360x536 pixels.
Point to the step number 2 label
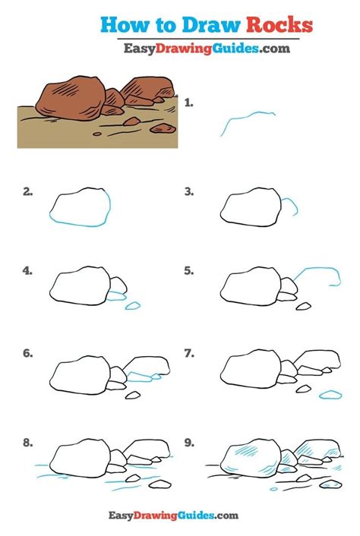tap(28, 192)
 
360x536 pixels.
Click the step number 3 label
tap(189, 192)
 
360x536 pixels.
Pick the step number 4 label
tap(28, 270)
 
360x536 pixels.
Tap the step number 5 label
tap(189, 270)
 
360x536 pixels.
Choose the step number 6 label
tap(28, 353)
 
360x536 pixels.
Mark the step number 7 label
tap(189, 353)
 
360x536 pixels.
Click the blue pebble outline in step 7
tap(330, 395)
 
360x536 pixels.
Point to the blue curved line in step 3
tap(291, 205)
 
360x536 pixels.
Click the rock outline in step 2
tap(81, 207)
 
